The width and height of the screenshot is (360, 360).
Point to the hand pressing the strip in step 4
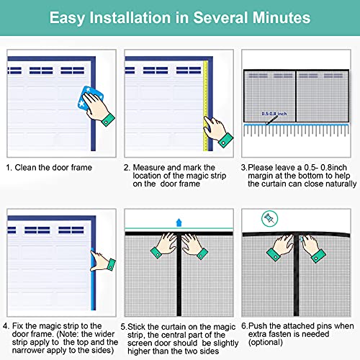(104, 261)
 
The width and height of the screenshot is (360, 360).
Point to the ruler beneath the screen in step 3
(298, 130)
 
